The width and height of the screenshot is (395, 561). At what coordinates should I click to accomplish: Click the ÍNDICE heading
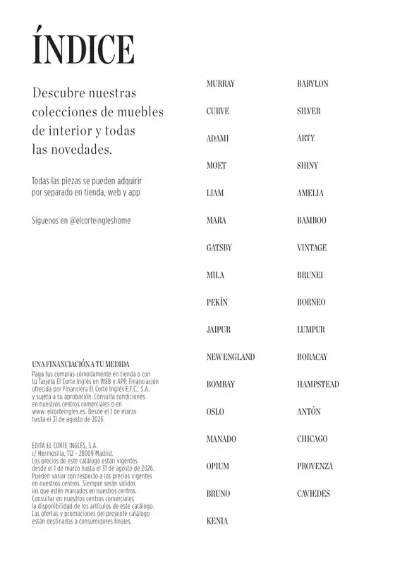(x=83, y=47)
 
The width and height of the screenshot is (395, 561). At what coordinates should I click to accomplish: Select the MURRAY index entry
(x=220, y=84)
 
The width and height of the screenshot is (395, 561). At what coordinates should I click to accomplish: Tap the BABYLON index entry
(x=312, y=84)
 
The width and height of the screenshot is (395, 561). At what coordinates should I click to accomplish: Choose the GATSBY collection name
(x=219, y=248)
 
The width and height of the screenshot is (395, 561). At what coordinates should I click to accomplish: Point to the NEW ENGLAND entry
(x=230, y=357)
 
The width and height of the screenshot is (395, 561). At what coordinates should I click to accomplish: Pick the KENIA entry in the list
(x=217, y=521)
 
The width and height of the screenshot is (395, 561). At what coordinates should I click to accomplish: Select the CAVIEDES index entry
(x=313, y=494)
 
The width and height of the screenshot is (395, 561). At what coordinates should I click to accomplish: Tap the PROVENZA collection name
(x=315, y=466)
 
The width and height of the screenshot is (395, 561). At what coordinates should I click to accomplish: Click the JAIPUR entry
(x=219, y=330)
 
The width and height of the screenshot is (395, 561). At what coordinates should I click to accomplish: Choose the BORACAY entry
(x=312, y=357)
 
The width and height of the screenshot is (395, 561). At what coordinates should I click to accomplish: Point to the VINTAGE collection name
(x=312, y=248)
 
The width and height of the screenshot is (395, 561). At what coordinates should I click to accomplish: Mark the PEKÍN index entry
(x=217, y=303)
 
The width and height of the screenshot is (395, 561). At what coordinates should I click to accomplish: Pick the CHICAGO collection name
(x=312, y=439)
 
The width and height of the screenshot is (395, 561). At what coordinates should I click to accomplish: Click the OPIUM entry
(x=218, y=466)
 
